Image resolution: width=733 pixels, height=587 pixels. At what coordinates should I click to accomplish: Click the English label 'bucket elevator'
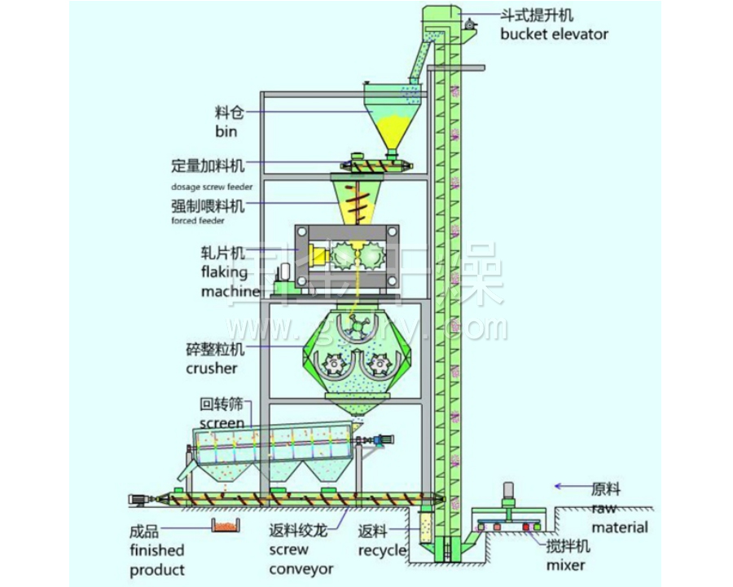[554, 34]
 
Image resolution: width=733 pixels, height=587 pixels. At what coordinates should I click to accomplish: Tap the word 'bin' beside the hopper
[226, 130]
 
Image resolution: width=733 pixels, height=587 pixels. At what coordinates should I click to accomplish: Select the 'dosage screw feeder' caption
[211, 187]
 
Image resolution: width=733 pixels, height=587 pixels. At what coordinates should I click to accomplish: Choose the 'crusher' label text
[211, 369]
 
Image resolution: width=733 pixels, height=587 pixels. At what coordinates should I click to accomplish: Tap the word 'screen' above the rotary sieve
[222, 422]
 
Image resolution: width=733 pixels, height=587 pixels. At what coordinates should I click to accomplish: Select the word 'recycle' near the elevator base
[382, 550]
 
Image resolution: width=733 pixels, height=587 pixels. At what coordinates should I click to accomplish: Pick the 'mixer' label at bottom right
[566, 564]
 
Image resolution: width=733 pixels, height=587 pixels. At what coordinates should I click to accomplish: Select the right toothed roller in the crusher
[378, 364]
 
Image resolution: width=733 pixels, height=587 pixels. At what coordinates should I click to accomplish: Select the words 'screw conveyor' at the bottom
[301, 558]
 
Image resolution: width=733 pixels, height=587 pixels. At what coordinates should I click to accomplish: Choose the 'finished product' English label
[157, 559]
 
